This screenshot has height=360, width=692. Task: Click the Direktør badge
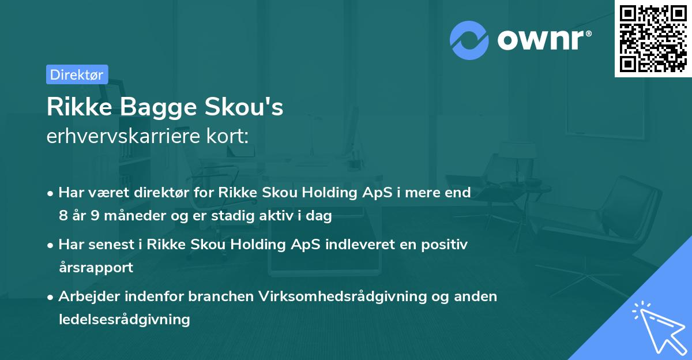[x=77, y=74]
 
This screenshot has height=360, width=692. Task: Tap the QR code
[x=652, y=38]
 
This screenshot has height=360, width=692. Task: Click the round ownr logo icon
[x=469, y=40]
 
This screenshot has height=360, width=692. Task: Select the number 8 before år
[x=63, y=216]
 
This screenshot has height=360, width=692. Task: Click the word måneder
[x=121, y=216]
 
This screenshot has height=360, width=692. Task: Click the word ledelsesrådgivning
[x=124, y=319]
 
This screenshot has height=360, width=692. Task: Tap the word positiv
[x=444, y=245]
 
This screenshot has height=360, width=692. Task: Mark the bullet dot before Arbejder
[x=51, y=297]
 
